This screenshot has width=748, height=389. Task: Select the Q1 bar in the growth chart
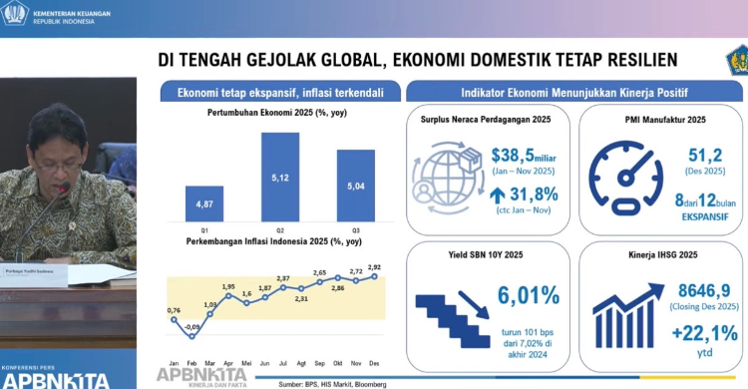point(203,203)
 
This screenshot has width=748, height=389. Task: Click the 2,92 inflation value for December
point(374,267)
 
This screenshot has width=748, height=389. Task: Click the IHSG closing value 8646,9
point(682,288)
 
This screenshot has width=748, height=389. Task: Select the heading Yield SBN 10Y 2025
point(488,254)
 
